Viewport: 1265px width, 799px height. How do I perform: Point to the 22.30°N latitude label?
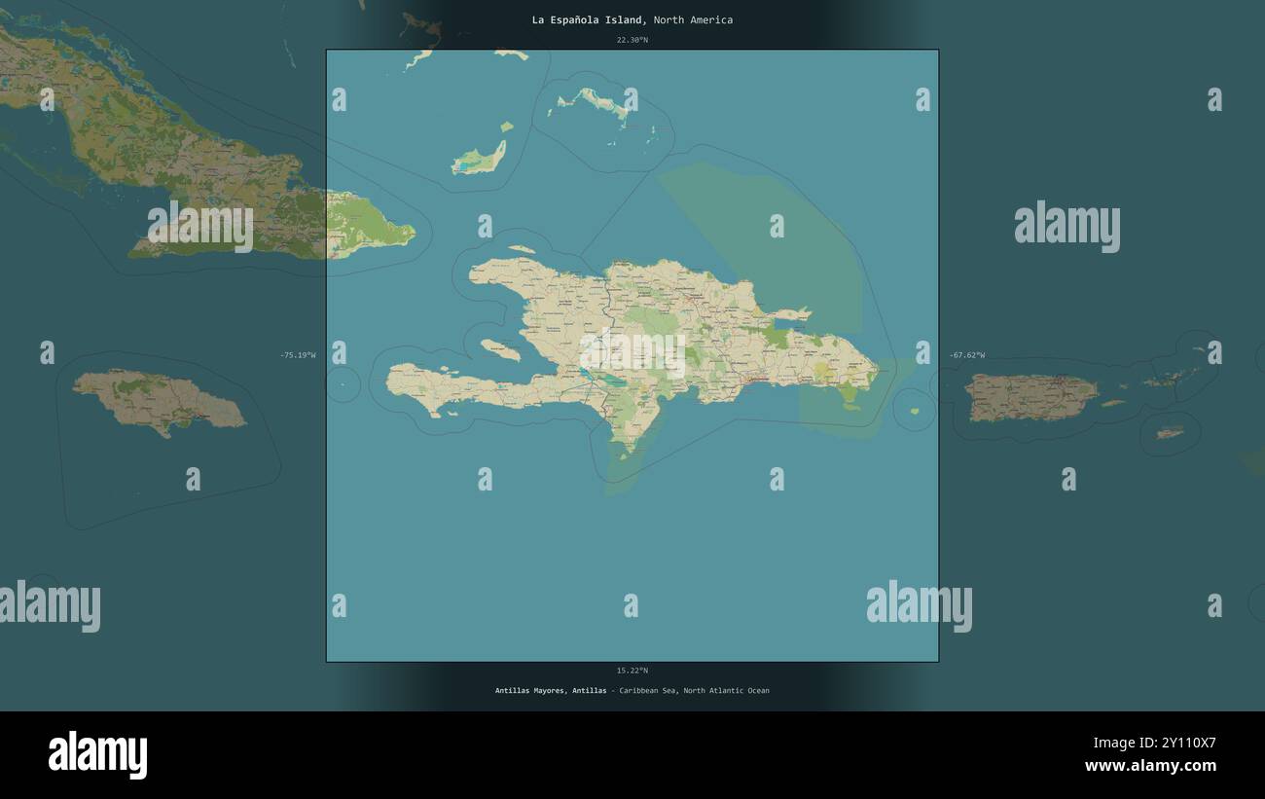click(x=632, y=40)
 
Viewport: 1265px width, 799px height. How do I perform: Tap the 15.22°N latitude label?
click(x=632, y=671)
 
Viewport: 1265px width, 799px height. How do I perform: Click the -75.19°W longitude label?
click(x=298, y=355)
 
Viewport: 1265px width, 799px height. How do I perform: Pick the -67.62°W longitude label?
click(x=966, y=355)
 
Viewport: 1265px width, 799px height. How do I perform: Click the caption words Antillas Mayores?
click(x=528, y=691)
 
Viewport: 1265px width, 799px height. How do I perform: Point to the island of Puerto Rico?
click(x=1030, y=397)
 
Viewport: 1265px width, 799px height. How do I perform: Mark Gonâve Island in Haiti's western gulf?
click(x=499, y=348)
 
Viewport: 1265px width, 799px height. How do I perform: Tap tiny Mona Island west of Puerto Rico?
click(x=915, y=412)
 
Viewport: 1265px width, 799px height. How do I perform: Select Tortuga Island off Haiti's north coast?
click(x=521, y=249)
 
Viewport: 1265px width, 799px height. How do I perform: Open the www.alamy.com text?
click(x=1150, y=766)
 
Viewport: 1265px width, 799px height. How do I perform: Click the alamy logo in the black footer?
click(x=97, y=755)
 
